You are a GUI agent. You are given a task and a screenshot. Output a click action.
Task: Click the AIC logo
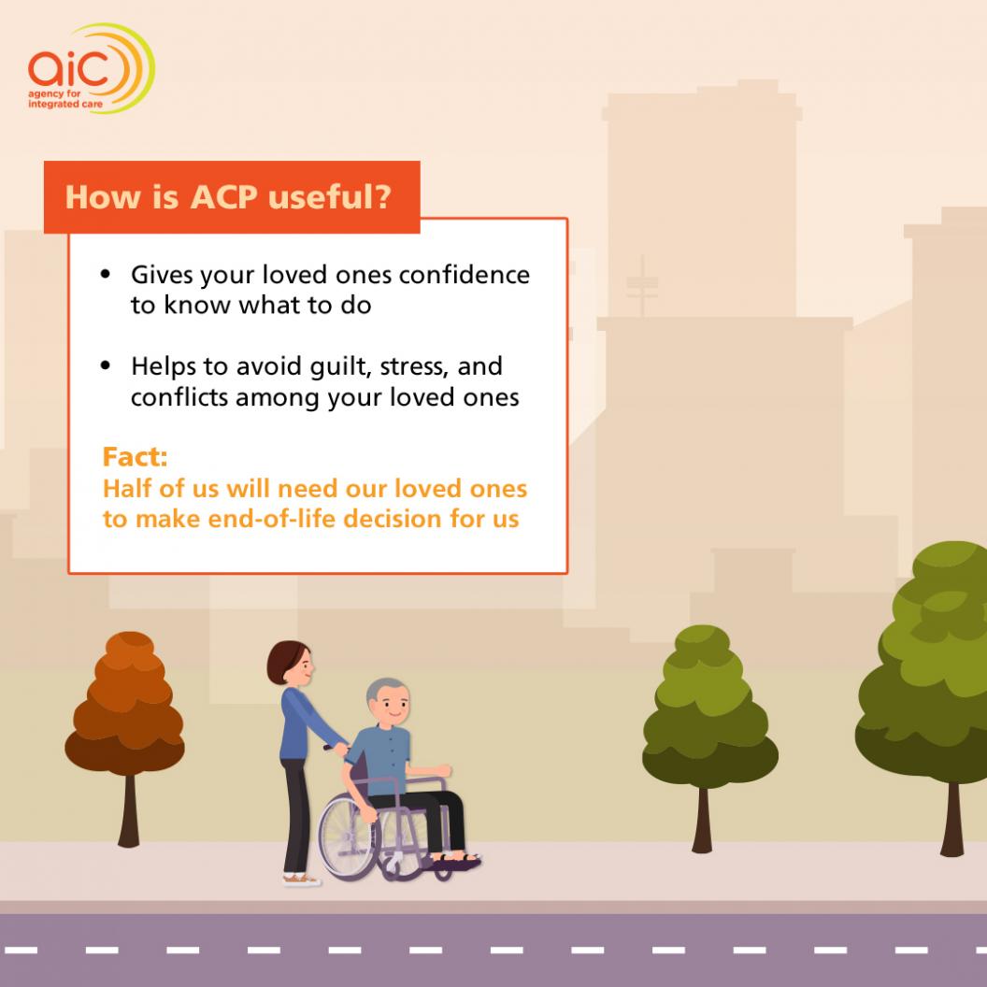[x=92, y=68]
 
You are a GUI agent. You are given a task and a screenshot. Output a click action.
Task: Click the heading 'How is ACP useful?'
[x=228, y=197]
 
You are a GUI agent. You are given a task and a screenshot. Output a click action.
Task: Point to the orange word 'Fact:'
[x=136, y=457]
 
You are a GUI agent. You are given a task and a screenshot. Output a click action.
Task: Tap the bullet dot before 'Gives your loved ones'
[x=105, y=274]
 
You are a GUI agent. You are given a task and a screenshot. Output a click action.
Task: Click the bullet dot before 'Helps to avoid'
[x=105, y=365]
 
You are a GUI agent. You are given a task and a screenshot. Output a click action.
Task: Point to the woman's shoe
[x=301, y=879]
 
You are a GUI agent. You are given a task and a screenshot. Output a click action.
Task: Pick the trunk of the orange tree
[x=129, y=810]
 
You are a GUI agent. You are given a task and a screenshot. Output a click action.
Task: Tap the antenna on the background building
[x=642, y=285]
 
